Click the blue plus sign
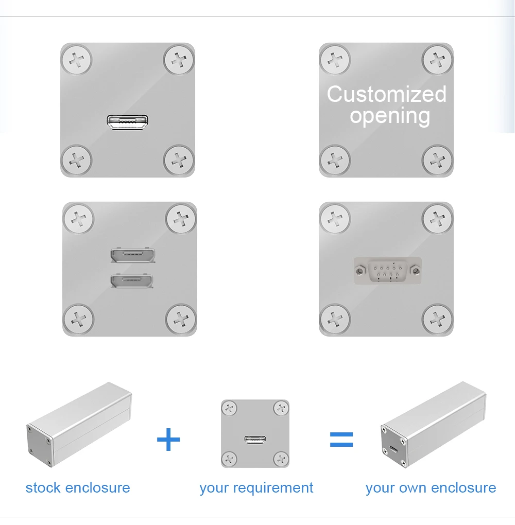[168, 439]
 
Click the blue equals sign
[341, 439]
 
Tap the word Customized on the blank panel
[387, 94]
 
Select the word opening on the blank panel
[390, 116]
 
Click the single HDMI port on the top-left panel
[127, 122]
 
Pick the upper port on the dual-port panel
[133, 255]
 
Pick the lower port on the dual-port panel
[132, 281]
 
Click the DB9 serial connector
[388, 271]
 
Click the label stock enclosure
[78, 488]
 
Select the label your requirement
[256, 488]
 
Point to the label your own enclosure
[431, 488]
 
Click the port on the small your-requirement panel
[255, 439]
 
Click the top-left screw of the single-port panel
[76, 60]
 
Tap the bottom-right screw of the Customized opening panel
[437, 161]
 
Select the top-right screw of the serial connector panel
[437, 219]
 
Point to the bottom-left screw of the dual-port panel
[78, 319]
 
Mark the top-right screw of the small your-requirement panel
[281, 408]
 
